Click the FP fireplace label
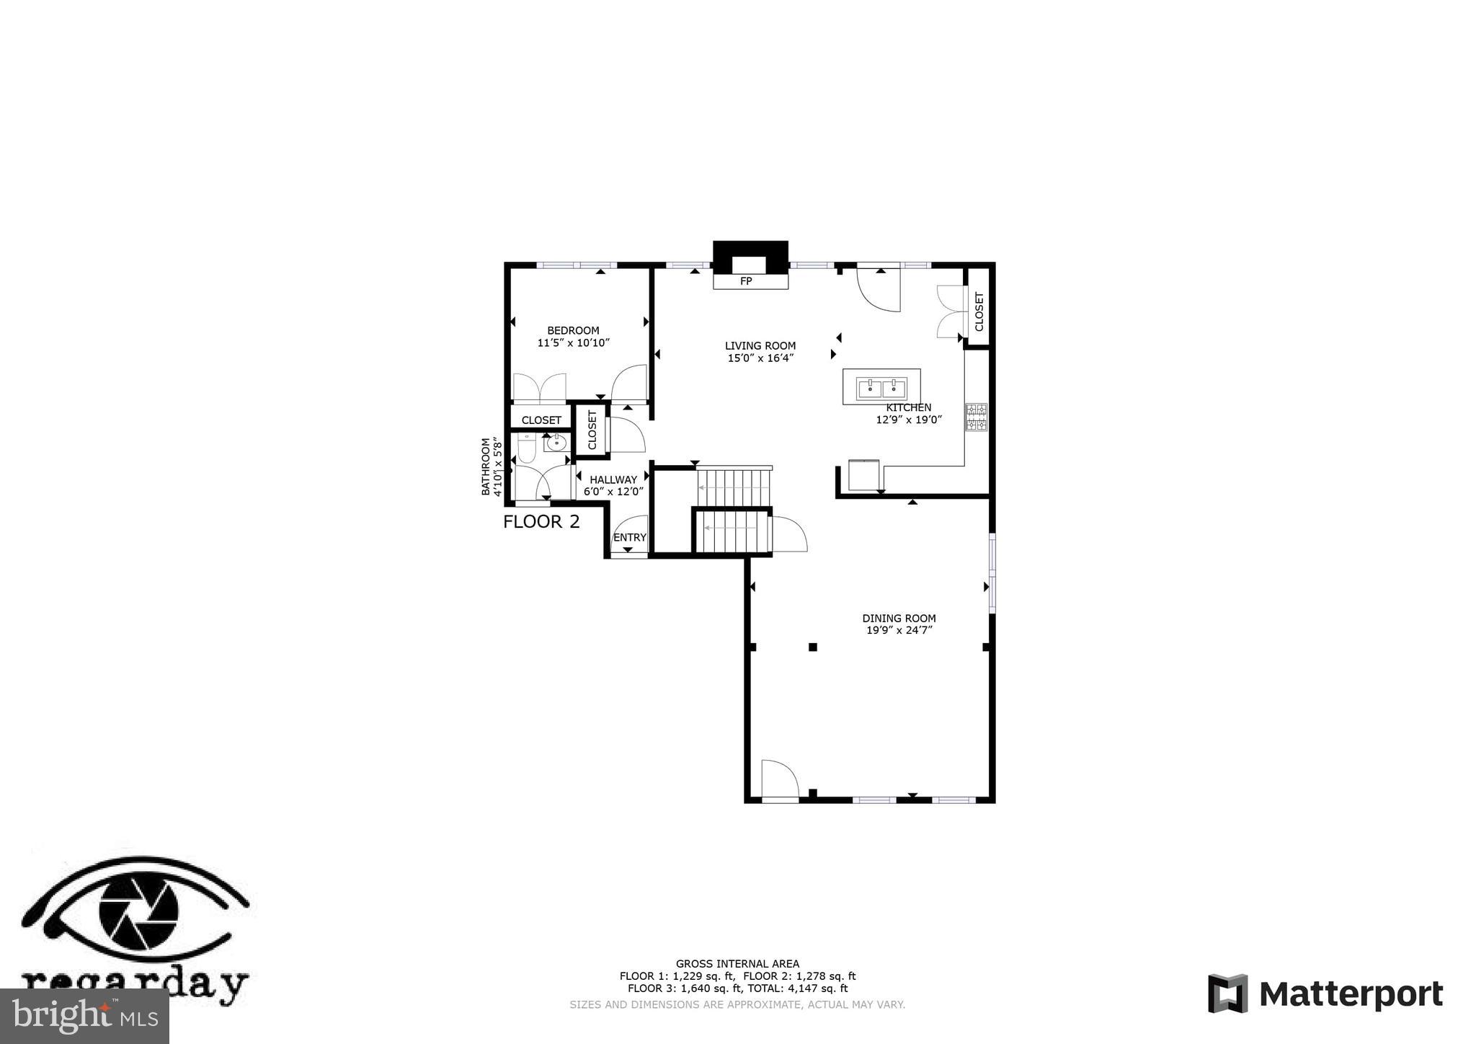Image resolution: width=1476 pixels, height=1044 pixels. [746, 281]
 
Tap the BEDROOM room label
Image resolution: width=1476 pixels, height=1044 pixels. [573, 330]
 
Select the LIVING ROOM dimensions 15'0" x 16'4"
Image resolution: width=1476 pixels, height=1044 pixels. [760, 358]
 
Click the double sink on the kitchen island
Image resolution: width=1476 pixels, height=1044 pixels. [881, 389]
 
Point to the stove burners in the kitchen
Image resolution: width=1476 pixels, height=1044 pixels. [976, 417]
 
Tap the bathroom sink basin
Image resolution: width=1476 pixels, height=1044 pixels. [556, 443]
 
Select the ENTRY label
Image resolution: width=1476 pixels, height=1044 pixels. [629, 537]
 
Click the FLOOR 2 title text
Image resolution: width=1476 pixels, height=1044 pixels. [541, 521]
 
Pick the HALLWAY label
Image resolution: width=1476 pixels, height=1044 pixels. [613, 479]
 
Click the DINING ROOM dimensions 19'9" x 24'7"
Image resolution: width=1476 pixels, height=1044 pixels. [899, 630]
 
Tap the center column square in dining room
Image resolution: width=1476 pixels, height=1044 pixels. [812, 647]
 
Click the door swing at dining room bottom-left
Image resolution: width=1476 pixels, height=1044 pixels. [778, 780]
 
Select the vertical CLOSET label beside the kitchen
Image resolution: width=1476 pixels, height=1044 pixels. [979, 311]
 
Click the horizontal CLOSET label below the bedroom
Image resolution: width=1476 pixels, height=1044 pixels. [541, 420]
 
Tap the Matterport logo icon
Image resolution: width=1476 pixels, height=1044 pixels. [1227, 994]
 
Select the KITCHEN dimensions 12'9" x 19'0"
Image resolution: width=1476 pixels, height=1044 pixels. [909, 420]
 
